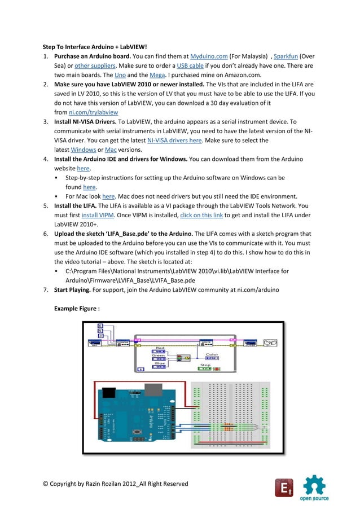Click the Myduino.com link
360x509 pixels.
coord(209,57)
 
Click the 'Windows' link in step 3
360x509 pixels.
coord(84,149)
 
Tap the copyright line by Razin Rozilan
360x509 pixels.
coord(116,483)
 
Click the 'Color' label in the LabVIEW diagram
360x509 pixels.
coord(212,354)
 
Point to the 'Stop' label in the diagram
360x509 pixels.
coord(205,365)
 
